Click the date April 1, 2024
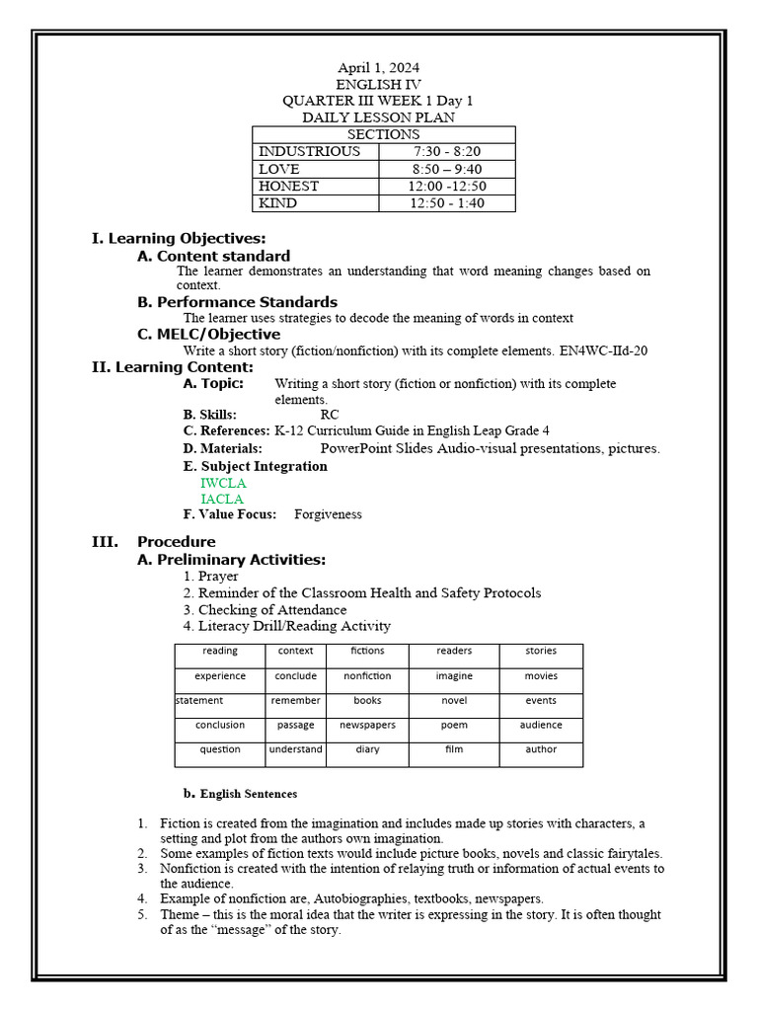pos(379,68)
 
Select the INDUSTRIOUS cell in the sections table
pos(309,152)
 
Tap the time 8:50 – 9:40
pos(447,169)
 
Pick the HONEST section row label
pos(288,186)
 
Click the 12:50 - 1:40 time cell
pos(447,202)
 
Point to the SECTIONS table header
pos(383,134)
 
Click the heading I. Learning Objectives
pos(179,238)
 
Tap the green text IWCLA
pos(223,483)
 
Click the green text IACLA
pos(222,499)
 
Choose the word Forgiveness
pos(328,514)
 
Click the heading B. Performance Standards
pos(237,301)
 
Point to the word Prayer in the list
pos(218,576)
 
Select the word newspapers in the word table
pos(367,725)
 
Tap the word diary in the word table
pos(367,749)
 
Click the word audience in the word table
pos(541,725)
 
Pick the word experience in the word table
pos(220,676)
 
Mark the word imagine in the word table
pos(454,676)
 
